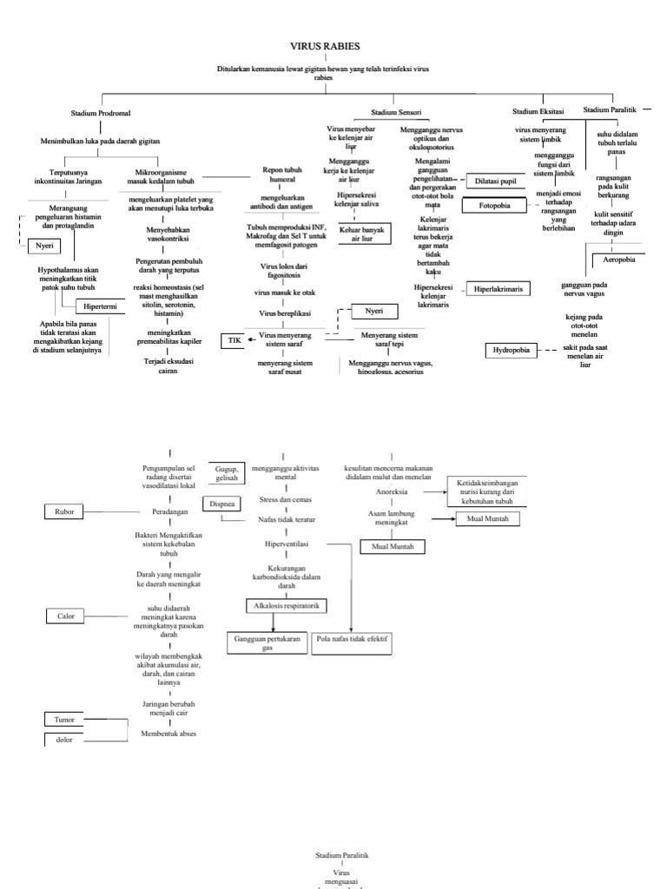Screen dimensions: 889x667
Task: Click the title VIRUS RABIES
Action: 324,46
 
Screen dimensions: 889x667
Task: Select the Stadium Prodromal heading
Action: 101,114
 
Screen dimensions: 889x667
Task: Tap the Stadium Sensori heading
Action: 396,113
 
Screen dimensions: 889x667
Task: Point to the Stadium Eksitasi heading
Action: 538,111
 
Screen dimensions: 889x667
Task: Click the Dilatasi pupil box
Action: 496,181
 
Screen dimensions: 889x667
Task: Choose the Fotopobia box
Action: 492,206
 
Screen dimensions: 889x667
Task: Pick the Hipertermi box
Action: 102,306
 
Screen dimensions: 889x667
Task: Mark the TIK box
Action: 234,340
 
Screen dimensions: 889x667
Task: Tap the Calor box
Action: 66,616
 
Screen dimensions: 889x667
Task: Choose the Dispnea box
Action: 220,504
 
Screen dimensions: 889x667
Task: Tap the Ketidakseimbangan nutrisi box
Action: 494,486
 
